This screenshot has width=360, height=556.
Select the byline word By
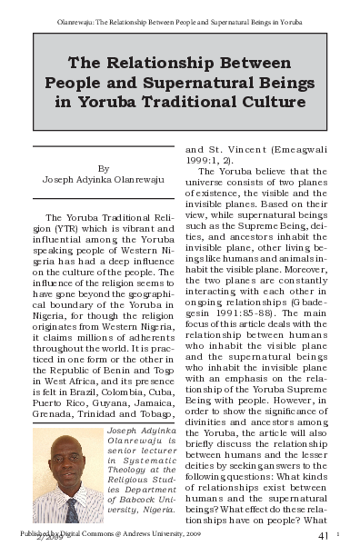pyautogui.click(x=103, y=167)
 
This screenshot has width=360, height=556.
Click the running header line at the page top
pyautogui.click(x=179, y=18)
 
